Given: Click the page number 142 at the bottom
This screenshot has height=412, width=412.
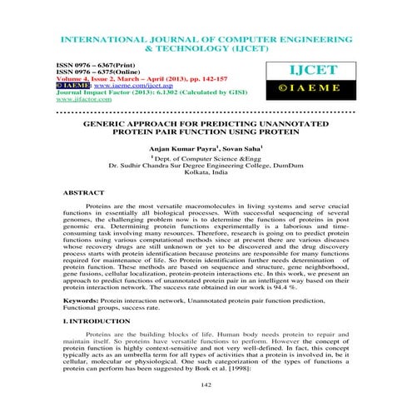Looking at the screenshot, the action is (x=205, y=385).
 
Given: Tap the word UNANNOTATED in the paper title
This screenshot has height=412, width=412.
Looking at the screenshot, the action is (x=307, y=122).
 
